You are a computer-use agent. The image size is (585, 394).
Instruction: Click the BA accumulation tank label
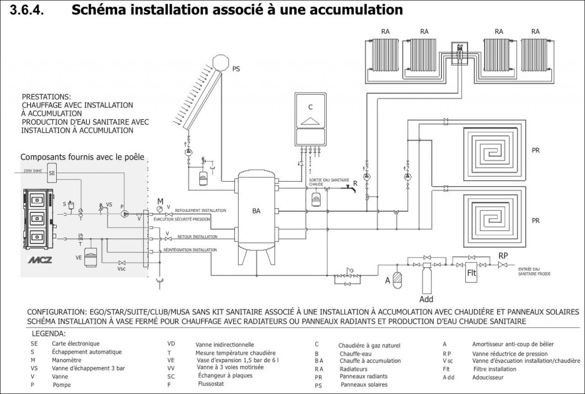tap(256, 211)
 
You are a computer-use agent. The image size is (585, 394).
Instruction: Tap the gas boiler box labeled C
tap(310, 119)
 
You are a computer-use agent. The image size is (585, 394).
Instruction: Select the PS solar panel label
tap(236, 69)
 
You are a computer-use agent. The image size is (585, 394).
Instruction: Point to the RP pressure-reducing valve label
tap(503, 255)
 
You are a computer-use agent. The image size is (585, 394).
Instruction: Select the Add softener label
tap(426, 300)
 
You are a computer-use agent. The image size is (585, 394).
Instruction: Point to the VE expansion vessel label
tap(79, 258)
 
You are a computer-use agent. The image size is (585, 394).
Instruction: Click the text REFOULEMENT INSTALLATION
tap(200, 210)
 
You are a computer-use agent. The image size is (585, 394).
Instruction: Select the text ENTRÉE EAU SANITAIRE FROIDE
tap(534, 271)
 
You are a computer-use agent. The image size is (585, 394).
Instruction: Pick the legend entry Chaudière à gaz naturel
tap(369, 345)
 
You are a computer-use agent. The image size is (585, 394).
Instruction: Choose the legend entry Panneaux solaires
tap(364, 385)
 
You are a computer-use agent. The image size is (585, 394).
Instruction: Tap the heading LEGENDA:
tap(48, 334)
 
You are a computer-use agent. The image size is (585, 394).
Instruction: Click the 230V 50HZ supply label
tap(33, 171)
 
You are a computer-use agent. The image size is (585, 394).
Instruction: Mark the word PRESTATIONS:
tap(47, 97)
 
